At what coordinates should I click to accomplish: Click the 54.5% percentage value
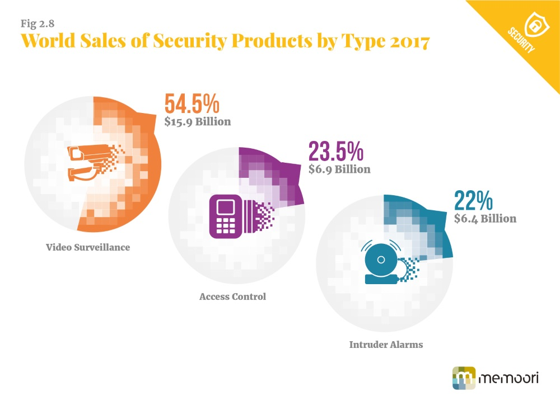192,105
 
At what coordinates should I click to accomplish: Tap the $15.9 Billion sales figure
198,121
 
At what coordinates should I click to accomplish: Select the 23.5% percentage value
336,152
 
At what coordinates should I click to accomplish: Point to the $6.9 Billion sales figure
339,169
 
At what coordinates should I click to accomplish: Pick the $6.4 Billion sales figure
485,219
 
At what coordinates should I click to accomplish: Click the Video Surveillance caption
88,247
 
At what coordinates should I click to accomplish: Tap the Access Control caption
232,296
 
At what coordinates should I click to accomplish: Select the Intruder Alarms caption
386,345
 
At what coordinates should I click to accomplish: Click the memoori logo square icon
463,378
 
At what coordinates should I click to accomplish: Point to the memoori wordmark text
508,378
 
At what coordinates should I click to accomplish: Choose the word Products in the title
283,42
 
